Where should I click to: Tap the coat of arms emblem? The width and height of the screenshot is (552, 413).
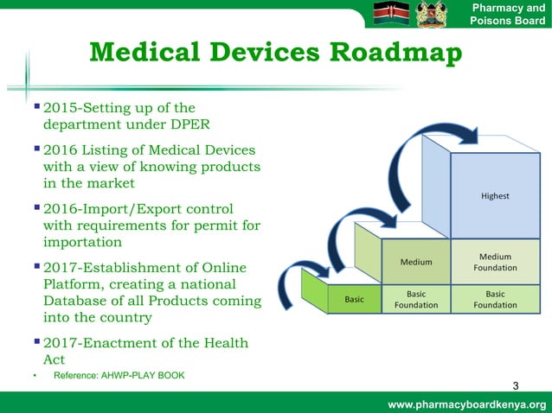433,14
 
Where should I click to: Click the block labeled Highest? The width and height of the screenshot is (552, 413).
495,196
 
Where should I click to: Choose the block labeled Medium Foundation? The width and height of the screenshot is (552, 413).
495,262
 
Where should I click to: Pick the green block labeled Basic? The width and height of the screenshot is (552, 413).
354,299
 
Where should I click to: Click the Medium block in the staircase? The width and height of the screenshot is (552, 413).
416,262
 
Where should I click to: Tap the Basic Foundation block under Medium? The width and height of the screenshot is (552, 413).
416,299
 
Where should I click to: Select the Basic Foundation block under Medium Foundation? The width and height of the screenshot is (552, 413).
495,299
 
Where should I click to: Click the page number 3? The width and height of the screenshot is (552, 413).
516,384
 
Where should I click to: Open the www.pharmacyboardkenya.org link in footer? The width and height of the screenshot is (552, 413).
467,404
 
